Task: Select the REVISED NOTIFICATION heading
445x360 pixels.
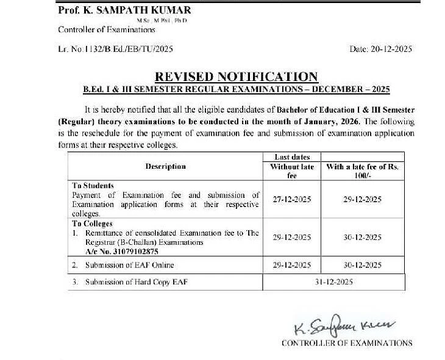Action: [x=237, y=77]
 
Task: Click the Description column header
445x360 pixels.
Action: [x=165, y=166]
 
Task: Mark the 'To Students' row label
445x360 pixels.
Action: [x=93, y=185]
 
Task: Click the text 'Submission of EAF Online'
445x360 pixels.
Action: [x=129, y=265]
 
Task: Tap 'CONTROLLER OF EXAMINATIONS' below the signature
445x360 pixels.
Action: [x=346, y=344]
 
